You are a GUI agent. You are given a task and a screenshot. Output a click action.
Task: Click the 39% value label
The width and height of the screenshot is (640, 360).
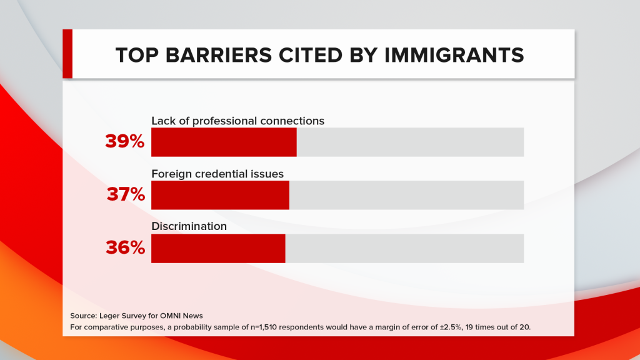pyautogui.click(x=125, y=142)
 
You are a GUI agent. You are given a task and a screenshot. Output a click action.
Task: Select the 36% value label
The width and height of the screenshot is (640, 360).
pyautogui.click(x=125, y=248)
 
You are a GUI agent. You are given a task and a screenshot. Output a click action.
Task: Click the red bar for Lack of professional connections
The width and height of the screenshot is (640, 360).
pyautogui.click(x=224, y=142)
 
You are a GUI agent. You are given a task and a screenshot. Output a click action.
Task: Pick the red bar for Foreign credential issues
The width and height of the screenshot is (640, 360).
pyautogui.click(x=220, y=195)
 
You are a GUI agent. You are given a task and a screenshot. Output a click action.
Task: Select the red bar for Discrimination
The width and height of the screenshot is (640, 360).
pyautogui.click(x=218, y=248)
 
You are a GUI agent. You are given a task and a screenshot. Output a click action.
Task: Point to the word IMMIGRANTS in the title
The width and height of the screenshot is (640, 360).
pyautogui.click(x=462, y=55)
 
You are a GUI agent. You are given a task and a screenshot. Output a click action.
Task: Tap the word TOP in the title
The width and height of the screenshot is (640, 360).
pyautogui.click(x=136, y=55)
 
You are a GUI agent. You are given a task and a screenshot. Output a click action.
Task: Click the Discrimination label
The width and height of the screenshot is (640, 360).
pyautogui.click(x=189, y=226)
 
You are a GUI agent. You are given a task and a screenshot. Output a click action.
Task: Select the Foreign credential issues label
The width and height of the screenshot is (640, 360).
pyautogui.click(x=217, y=173)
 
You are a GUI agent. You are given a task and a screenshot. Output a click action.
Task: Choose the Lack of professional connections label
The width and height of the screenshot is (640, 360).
pyautogui.click(x=237, y=121)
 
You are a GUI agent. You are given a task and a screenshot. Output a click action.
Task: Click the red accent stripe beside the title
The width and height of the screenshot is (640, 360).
pyautogui.click(x=67, y=54)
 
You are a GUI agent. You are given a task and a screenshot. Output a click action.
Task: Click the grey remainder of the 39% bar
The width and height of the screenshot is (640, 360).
pyautogui.click(x=410, y=142)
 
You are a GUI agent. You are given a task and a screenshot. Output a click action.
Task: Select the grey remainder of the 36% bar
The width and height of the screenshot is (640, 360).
pyautogui.click(x=404, y=248)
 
